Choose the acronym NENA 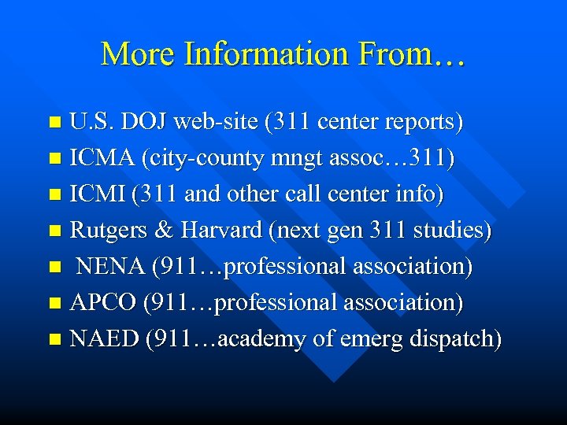pyautogui.click(x=110, y=267)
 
